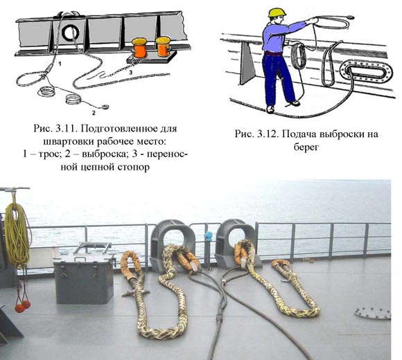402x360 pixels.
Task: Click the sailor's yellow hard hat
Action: [x=277, y=12]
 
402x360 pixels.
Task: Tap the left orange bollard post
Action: [x=139, y=48]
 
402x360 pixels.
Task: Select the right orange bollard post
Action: [x=163, y=46]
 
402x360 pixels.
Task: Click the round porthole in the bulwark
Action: [x=71, y=33]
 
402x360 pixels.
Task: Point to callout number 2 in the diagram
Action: [x=94, y=113]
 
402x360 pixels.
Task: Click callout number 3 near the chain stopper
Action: [x=131, y=73]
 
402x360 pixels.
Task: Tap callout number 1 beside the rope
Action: [x=60, y=64]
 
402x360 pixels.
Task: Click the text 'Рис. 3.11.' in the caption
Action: [x=55, y=128]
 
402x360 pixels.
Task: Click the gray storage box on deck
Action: [x=84, y=278]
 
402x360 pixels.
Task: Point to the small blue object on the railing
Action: [x=208, y=235]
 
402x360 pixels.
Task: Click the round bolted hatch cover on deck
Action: [x=372, y=313]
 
